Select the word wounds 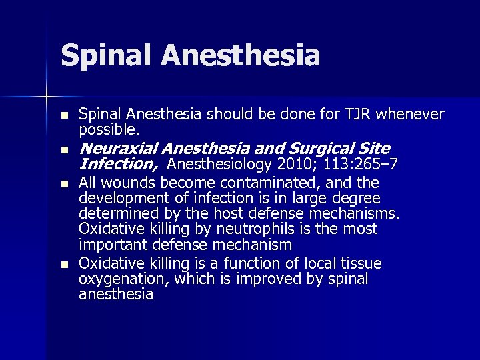point(123,183)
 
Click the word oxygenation point(119,279)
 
